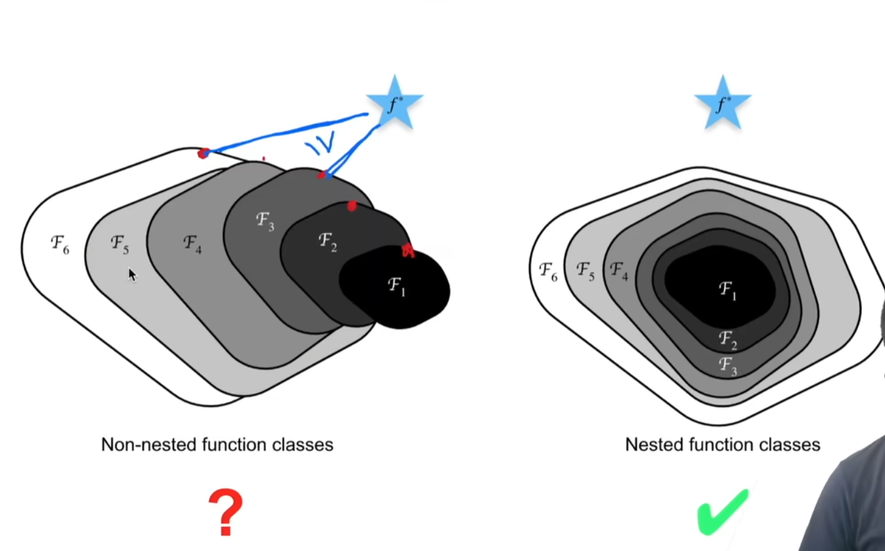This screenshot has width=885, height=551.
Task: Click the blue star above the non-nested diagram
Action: pos(394,104)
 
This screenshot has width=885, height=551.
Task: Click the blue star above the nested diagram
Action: pos(723,104)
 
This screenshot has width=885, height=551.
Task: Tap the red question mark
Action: pos(225,512)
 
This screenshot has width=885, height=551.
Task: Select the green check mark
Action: pos(723,512)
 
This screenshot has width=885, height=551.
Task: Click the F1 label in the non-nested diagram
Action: pos(397,285)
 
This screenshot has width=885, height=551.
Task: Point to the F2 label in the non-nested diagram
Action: pos(327,242)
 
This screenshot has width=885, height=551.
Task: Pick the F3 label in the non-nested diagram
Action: pos(265,222)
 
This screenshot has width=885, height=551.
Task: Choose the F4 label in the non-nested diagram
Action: pos(193,243)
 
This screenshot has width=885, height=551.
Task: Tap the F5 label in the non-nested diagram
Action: pos(120,244)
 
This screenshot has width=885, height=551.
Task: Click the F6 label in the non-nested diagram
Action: pos(60,244)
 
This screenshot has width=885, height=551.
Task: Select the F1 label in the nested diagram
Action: pos(727,291)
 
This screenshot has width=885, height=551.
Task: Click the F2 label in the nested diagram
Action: pos(727,339)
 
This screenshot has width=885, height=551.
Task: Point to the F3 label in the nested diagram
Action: pos(727,365)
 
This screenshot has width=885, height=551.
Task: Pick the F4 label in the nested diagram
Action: pos(619,271)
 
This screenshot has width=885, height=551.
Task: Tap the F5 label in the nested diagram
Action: pos(585,271)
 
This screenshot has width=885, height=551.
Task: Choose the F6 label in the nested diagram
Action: pos(548,271)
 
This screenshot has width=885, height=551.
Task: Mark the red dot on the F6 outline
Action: pos(203,153)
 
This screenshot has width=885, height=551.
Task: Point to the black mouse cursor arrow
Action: pos(132,275)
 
